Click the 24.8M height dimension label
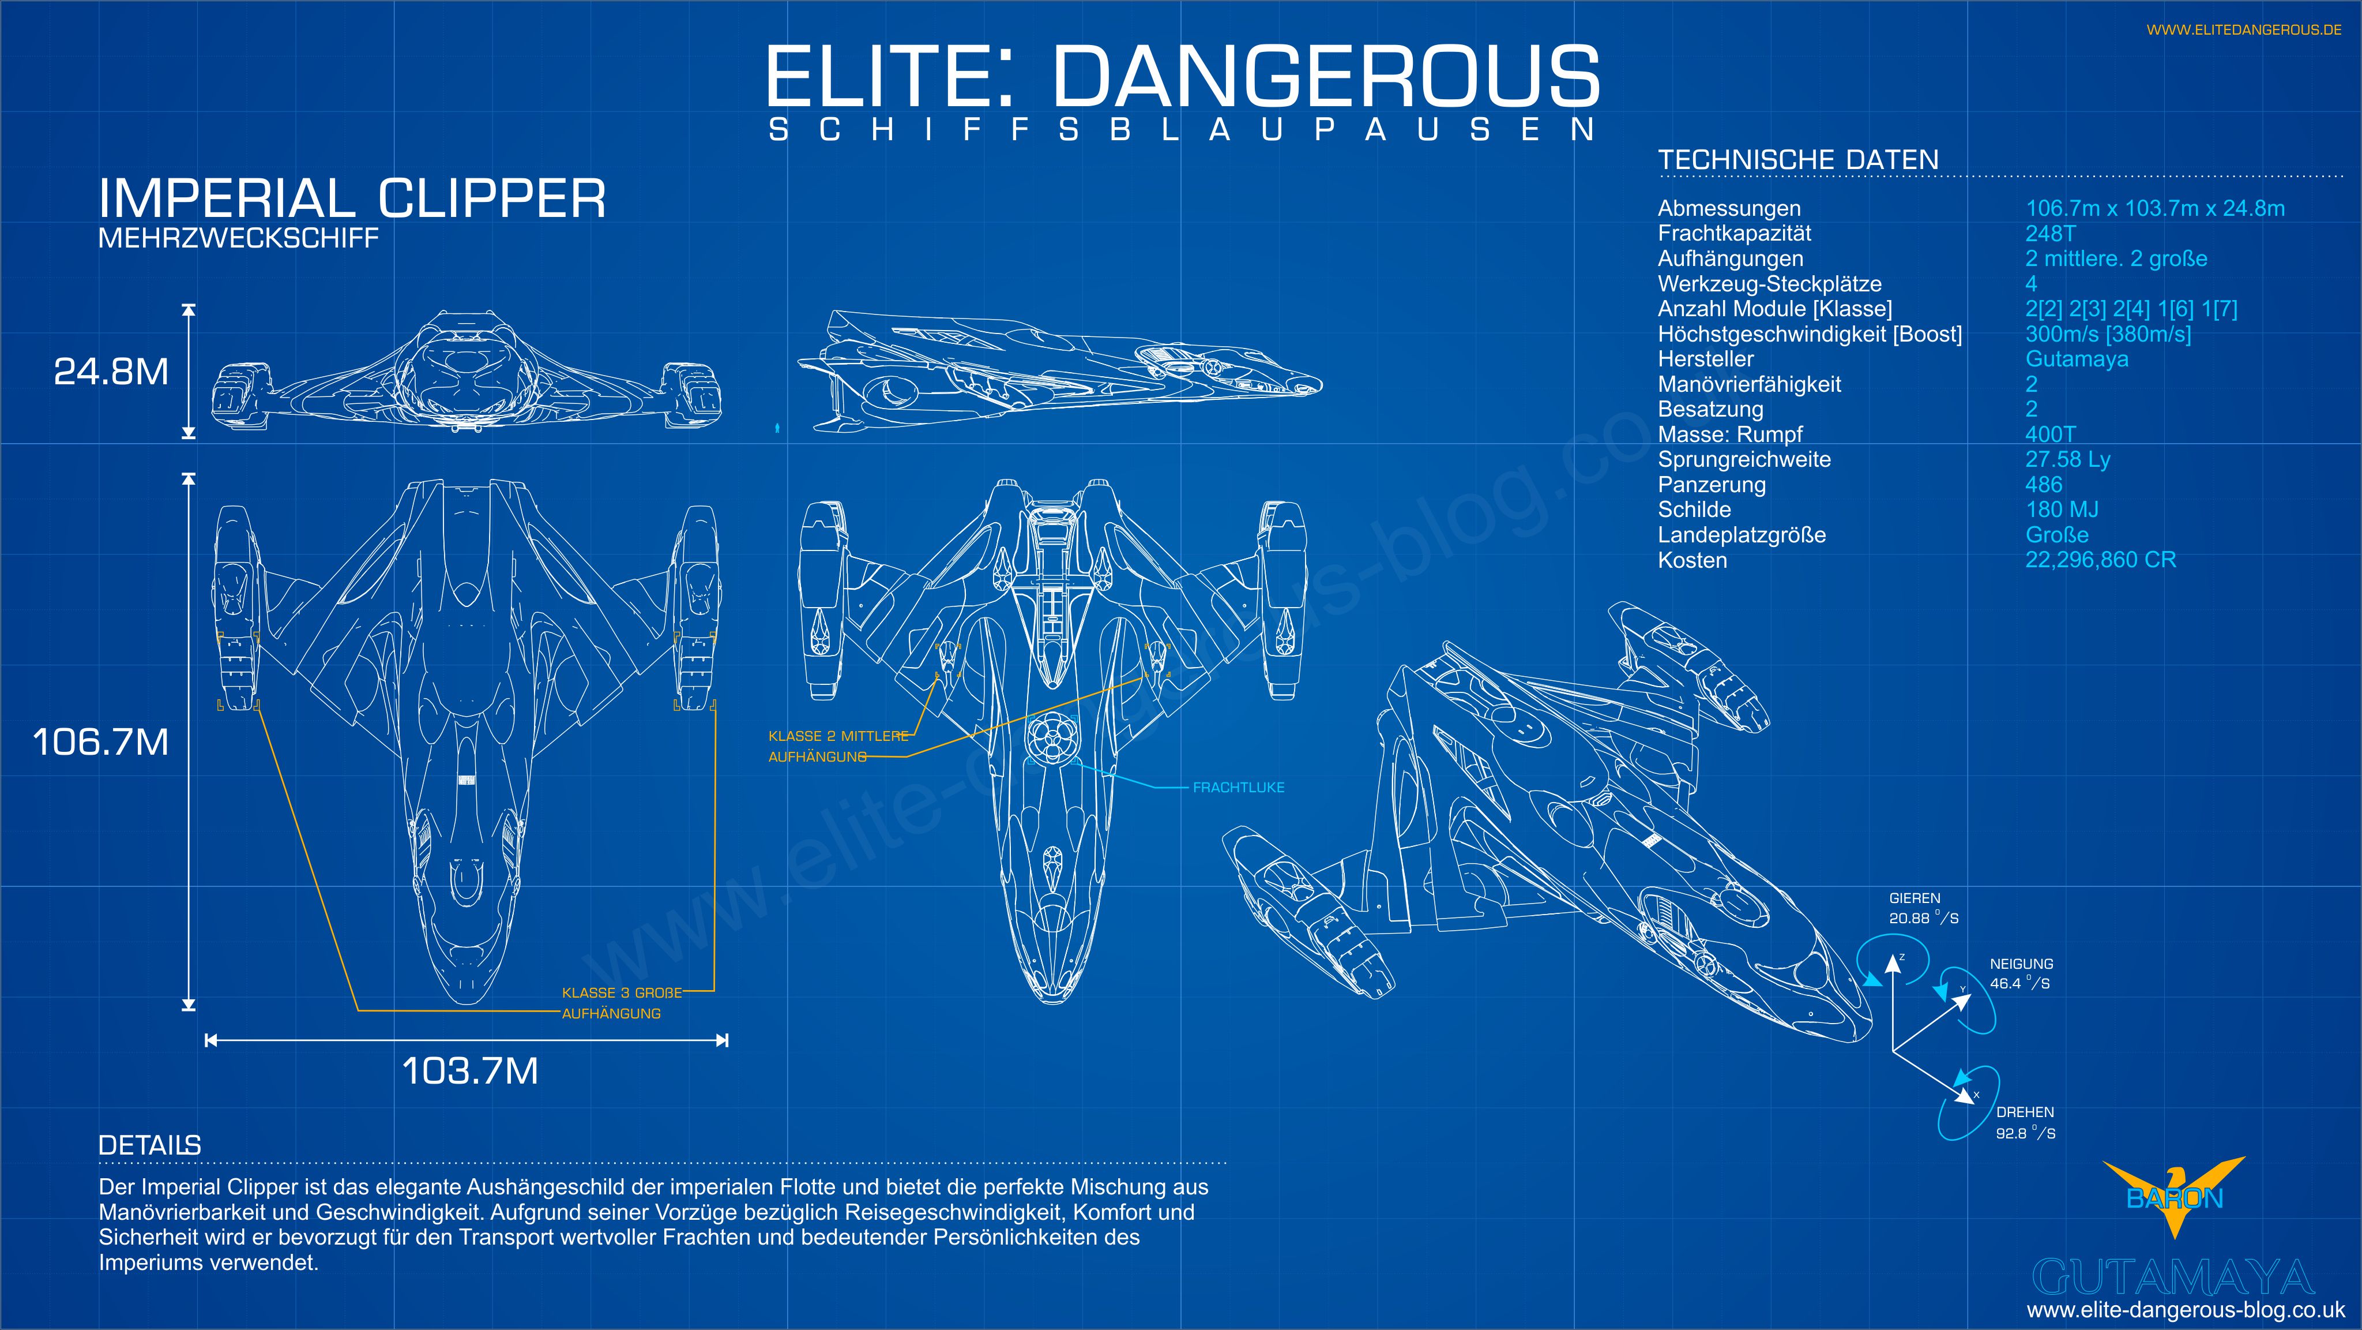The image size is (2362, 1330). click(x=111, y=372)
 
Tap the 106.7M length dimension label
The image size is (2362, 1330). click(x=101, y=742)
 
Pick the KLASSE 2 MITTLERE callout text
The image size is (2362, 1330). click(x=838, y=736)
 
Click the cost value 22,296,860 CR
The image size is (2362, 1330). click(x=2100, y=560)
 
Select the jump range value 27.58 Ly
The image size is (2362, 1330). click(x=2067, y=459)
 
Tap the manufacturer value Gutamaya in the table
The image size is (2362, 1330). click(x=2076, y=359)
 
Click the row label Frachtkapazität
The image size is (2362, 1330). click(x=1734, y=234)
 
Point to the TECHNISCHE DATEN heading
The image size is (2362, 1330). click(x=1797, y=160)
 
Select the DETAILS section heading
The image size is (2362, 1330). click(x=149, y=1145)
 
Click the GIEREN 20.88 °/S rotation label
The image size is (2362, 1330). click(x=1922, y=909)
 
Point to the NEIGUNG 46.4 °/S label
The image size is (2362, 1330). click(x=2021, y=974)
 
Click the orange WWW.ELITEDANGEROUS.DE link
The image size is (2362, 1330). click(x=2244, y=30)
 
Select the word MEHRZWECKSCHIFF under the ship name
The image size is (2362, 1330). click(x=238, y=238)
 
